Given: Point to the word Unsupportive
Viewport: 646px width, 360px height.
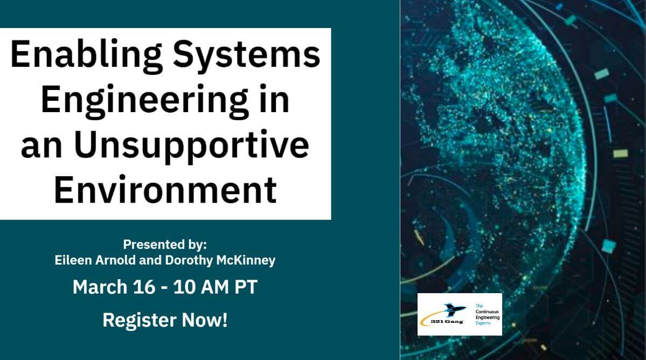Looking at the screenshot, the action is pyautogui.click(x=192, y=144).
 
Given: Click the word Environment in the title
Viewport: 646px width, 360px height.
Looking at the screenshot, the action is pyautogui.click(x=165, y=190).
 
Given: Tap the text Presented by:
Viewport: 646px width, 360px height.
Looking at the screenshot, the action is pyautogui.click(x=165, y=245).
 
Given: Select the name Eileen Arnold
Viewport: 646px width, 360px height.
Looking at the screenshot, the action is pyautogui.click(x=95, y=260).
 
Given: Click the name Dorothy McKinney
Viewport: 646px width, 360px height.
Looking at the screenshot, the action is pyautogui.click(x=220, y=261).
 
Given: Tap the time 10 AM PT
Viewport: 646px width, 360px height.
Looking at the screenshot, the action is pyautogui.click(x=216, y=287).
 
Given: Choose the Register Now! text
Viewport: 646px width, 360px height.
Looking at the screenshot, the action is pyautogui.click(x=165, y=320).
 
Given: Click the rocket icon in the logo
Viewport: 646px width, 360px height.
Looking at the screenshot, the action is pyautogui.click(x=454, y=310).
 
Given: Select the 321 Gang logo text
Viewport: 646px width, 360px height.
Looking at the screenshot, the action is pyautogui.click(x=447, y=321).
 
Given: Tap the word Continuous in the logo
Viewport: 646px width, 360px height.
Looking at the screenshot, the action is pyautogui.click(x=487, y=312).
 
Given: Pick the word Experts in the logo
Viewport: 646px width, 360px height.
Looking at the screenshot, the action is pyautogui.click(x=483, y=323).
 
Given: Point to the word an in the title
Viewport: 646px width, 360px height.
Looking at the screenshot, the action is pyautogui.click(x=41, y=147).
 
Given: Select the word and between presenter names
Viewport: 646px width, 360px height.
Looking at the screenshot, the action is pyautogui.click(x=150, y=260).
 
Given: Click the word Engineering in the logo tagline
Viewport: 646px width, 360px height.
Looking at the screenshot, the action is pyautogui.click(x=488, y=317).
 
